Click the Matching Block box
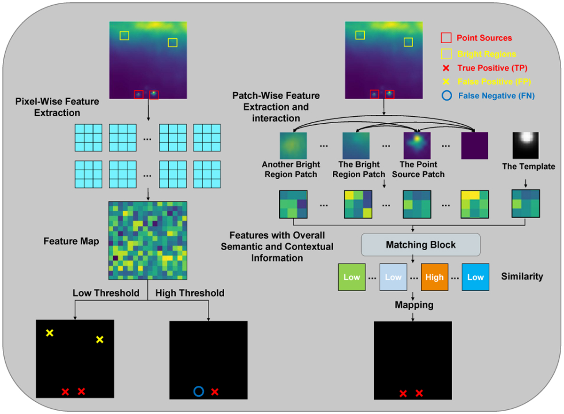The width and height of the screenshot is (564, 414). pyautogui.click(x=421, y=245)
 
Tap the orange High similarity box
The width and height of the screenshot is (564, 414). pyautogui.click(x=434, y=277)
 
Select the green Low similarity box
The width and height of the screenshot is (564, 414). pyautogui.click(x=352, y=277)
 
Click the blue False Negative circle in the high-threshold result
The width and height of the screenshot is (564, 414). pyautogui.click(x=198, y=391)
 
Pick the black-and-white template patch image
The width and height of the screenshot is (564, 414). pyautogui.click(x=525, y=145)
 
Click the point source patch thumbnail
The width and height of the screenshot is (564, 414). pyautogui.click(x=417, y=145)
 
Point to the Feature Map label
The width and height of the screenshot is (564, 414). pyautogui.click(x=71, y=241)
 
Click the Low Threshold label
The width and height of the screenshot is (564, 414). pyautogui.click(x=106, y=293)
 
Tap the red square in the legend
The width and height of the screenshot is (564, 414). pyautogui.click(x=446, y=38)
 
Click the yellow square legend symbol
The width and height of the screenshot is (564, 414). pyautogui.click(x=446, y=53)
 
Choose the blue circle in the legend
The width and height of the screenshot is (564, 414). pyautogui.click(x=446, y=96)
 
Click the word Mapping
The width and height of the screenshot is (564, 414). pyautogui.click(x=414, y=305)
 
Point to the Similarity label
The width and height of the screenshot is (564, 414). pyautogui.click(x=522, y=276)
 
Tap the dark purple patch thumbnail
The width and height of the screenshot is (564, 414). pyautogui.click(x=475, y=145)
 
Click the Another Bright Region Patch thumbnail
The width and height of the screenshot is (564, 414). pyautogui.click(x=293, y=145)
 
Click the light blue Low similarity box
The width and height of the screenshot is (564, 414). pyautogui.click(x=393, y=277)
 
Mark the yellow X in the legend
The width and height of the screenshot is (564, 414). pyautogui.click(x=446, y=81)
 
